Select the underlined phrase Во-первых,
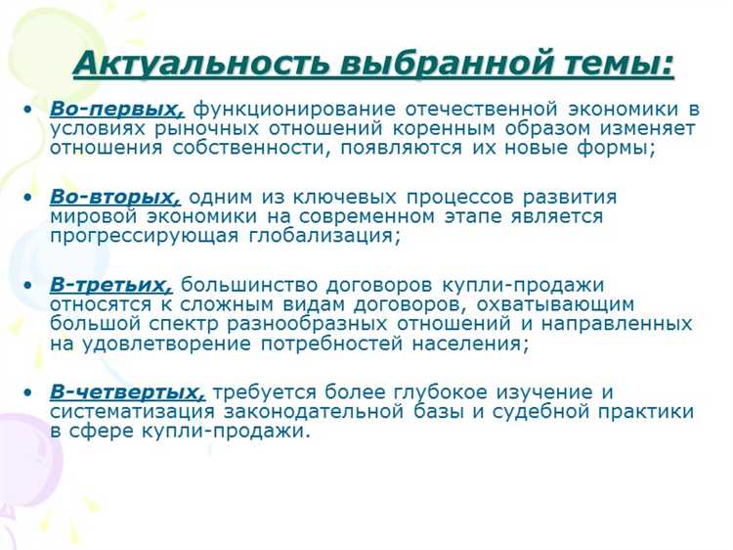pos(116,109)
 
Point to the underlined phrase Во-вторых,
pos(115,197)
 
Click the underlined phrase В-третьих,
pos(110,285)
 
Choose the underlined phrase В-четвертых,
pos(127,392)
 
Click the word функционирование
pos(290,109)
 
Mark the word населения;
pos(465,344)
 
